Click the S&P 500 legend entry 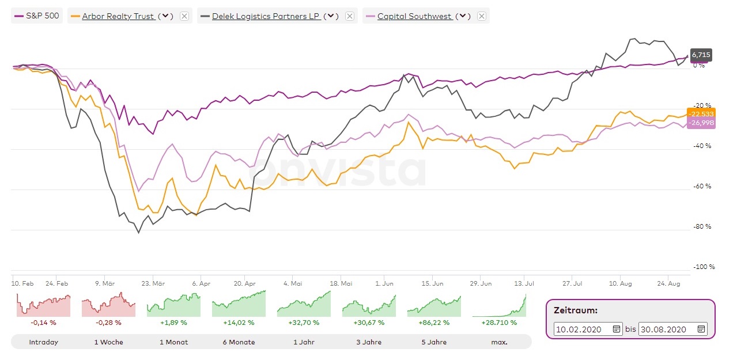coord(37,16)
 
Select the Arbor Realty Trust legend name coord(118,16)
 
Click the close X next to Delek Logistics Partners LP coord(349,16)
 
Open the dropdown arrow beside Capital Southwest coord(463,16)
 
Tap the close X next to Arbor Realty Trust coord(184,16)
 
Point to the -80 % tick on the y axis coord(702,227)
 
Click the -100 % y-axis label coord(704,267)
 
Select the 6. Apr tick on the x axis coord(201,283)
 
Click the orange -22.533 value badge coord(701,114)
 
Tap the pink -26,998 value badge coord(701,123)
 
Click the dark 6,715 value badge coord(701,55)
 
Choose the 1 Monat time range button coord(173,342)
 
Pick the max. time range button coord(499,342)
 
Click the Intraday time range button coord(44,342)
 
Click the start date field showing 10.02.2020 coord(582,329)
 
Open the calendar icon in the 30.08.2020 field coord(701,329)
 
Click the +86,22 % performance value coord(434,323)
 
